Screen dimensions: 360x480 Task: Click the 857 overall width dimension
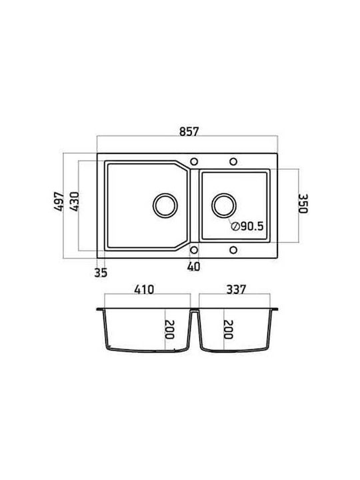tap(189, 131)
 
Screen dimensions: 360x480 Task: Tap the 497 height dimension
tap(59, 201)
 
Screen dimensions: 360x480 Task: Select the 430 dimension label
tap(74, 201)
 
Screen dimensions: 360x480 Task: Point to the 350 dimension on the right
tap(303, 203)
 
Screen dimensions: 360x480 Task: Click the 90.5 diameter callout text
tap(252, 226)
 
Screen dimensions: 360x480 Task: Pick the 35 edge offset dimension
tap(101, 273)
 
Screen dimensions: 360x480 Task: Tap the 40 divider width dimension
tap(193, 267)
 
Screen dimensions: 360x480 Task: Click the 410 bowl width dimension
tap(144, 289)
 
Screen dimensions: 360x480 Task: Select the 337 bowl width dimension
tap(236, 289)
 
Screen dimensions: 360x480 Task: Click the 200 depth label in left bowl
tap(169, 329)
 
